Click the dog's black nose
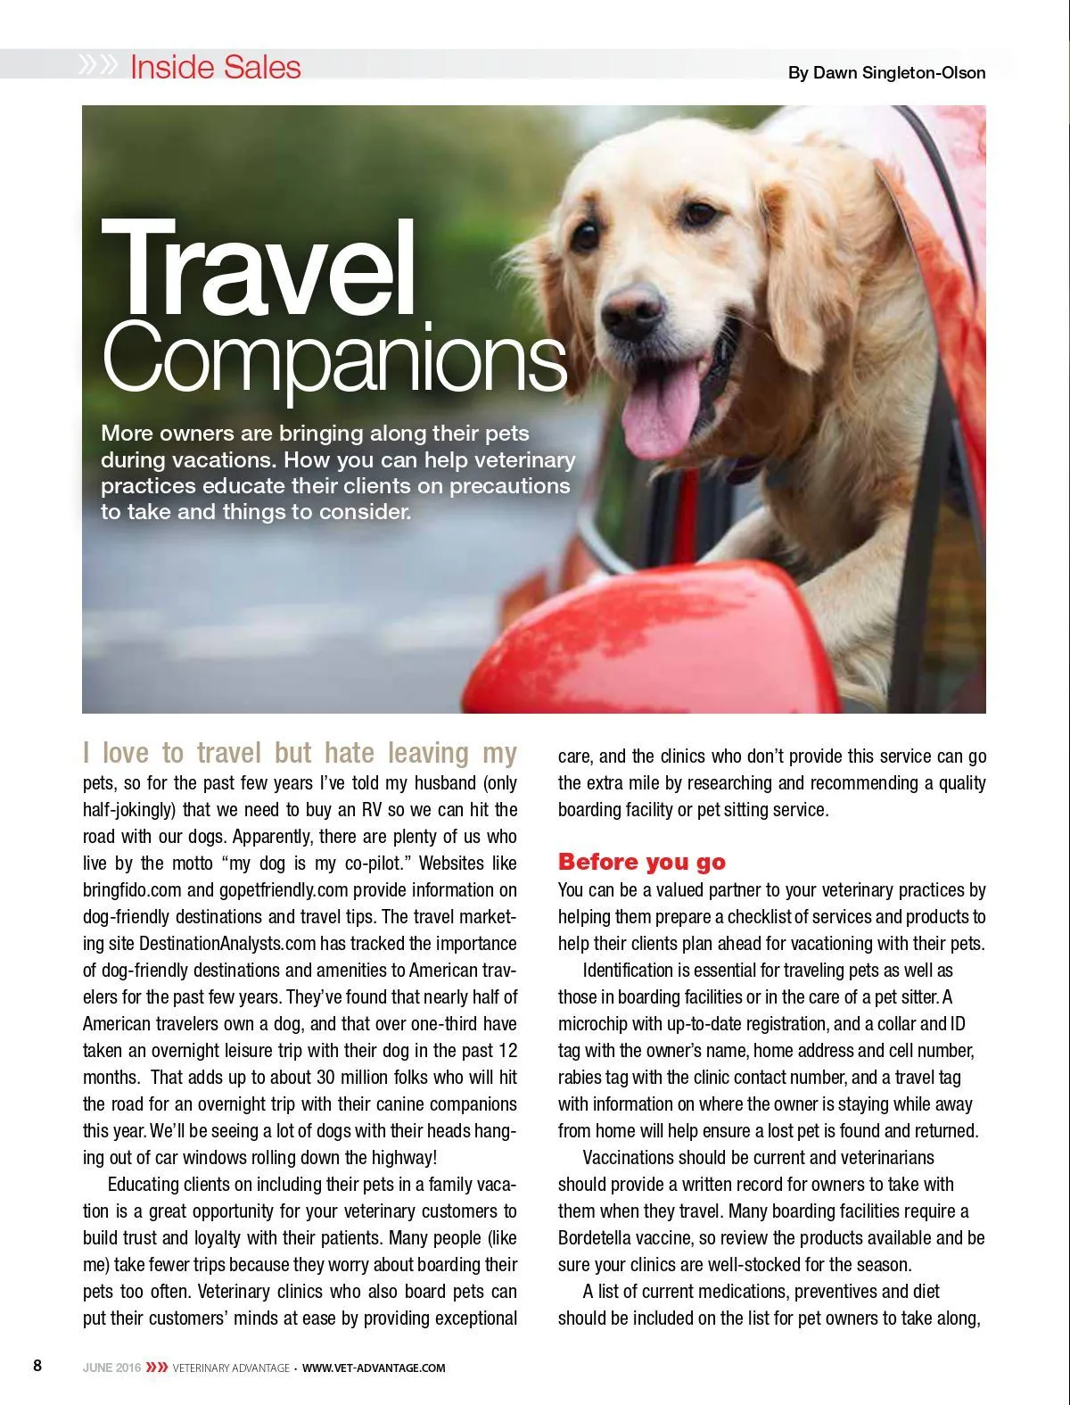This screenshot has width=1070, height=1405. (x=632, y=310)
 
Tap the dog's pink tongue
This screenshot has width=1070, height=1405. (x=662, y=412)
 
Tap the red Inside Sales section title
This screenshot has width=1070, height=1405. (x=216, y=67)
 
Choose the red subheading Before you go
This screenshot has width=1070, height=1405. (x=641, y=862)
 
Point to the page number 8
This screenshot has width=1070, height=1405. (x=37, y=1366)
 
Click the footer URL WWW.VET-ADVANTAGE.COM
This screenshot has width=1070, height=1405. (x=374, y=1368)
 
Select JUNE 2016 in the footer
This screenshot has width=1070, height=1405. (x=111, y=1368)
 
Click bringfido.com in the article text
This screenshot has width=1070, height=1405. (x=132, y=890)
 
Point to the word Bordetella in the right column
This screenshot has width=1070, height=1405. (x=600, y=1238)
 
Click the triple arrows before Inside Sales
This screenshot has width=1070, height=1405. (x=98, y=65)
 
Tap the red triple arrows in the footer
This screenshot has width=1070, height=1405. (x=157, y=1368)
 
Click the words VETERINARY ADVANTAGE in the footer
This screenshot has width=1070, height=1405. (x=231, y=1368)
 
